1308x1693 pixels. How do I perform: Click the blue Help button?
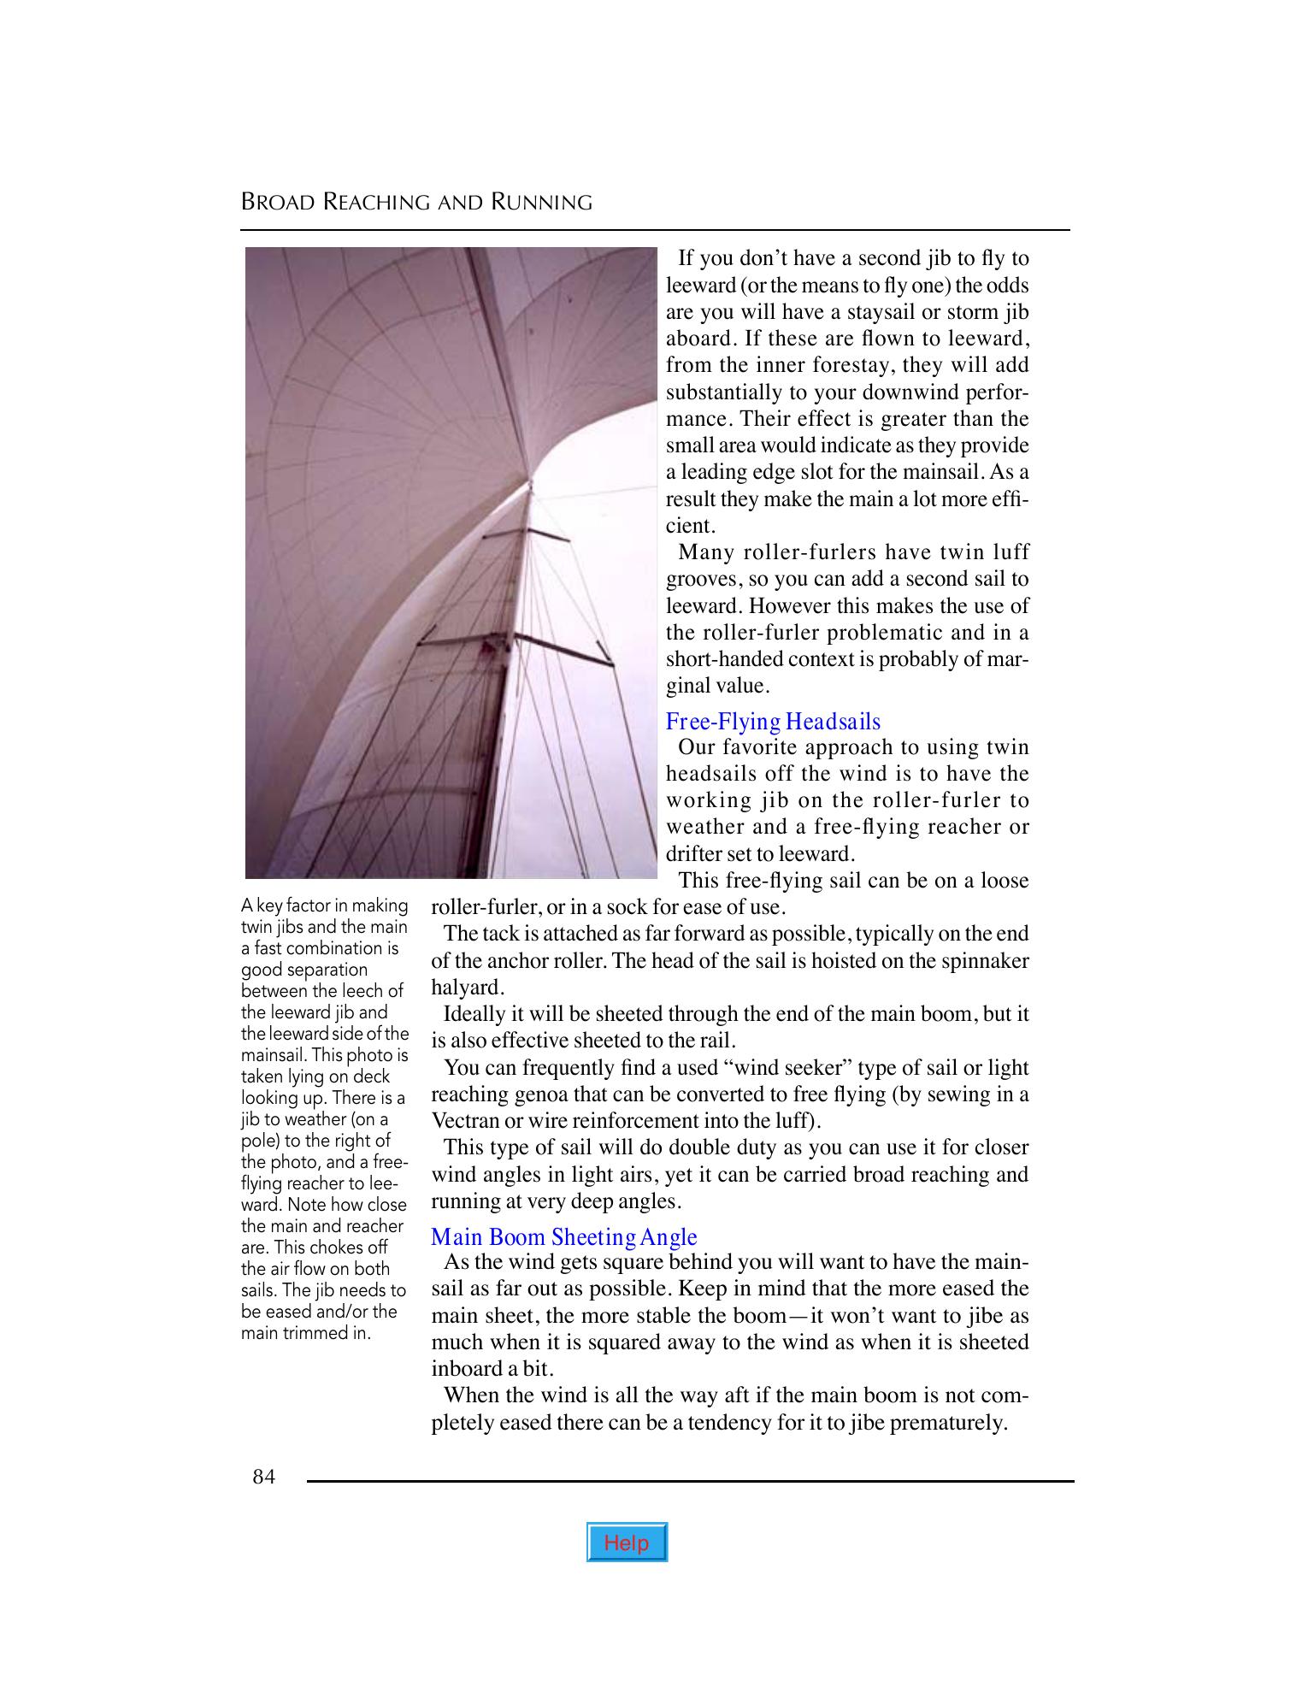(x=627, y=1543)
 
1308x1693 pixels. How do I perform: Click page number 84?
(x=264, y=1477)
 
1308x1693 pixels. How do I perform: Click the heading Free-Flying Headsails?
(x=773, y=722)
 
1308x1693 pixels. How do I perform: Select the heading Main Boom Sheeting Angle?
(x=563, y=1237)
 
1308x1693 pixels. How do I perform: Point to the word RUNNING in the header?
(x=541, y=203)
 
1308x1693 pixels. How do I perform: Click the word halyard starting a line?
(x=465, y=988)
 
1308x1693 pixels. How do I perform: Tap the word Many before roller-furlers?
(x=707, y=553)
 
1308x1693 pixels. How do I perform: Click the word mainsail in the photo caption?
(x=274, y=1055)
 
